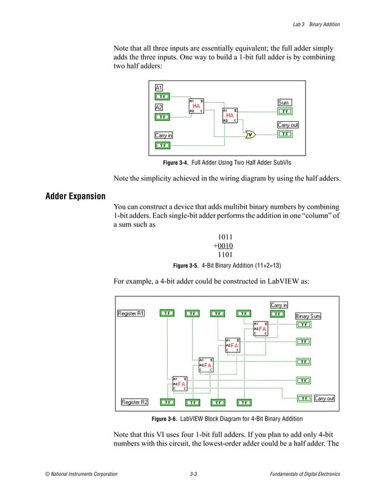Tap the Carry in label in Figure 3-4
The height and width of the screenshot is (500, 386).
[x=164, y=136]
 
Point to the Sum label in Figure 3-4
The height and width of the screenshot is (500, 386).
[x=283, y=102]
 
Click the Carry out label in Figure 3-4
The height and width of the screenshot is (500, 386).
[x=288, y=125]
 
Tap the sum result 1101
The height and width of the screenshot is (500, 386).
[x=226, y=255]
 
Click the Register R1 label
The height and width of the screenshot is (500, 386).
[x=131, y=313]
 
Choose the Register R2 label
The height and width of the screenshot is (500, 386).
[x=135, y=402]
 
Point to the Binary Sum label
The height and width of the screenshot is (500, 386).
[x=308, y=316]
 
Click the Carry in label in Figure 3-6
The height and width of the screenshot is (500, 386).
[x=279, y=305]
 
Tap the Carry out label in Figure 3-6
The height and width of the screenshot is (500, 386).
[x=324, y=398]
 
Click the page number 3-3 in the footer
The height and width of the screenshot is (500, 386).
[x=193, y=473]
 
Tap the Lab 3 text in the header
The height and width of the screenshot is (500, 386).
[x=298, y=24]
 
